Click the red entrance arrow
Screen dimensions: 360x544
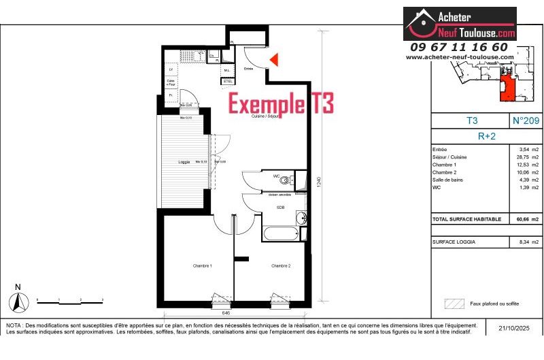click(x=274, y=60)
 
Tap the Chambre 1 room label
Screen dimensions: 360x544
click(x=202, y=265)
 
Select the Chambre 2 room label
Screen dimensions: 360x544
click(x=281, y=265)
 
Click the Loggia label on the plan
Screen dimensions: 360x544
click(x=184, y=161)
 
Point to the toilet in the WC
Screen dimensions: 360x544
click(x=291, y=180)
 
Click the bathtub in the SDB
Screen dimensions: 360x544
click(x=280, y=233)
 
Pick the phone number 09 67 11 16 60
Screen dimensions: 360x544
click(x=459, y=47)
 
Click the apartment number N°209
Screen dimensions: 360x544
click(x=525, y=120)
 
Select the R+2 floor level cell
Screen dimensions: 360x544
click(x=486, y=135)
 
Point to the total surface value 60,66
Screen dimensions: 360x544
click(x=523, y=219)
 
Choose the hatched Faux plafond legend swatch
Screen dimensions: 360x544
click(x=453, y=304)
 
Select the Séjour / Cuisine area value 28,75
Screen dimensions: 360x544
click(x=522, y=157)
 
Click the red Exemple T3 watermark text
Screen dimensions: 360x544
click(x=281, y=104)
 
